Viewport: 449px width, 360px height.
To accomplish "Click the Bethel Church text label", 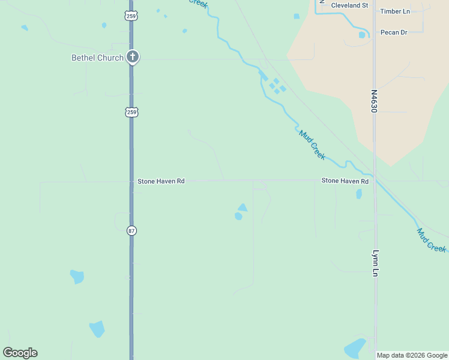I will [97, 58].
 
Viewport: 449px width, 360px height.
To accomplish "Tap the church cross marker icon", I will [133, 57].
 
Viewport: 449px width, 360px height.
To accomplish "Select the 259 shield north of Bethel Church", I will [131, 16].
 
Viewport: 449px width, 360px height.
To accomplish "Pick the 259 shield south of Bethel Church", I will [131, 112].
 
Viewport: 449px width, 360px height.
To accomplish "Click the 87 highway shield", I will [131, 230].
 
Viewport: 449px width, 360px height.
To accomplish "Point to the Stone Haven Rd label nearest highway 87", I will [161, 181].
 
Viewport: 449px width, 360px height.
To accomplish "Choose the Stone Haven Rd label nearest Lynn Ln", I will [345, 181].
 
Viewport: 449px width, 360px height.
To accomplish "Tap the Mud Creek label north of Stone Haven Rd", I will [312, 145].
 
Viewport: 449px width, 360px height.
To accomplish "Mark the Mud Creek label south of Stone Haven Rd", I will [432, 240].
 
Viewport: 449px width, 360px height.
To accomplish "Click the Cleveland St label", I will [349, 5].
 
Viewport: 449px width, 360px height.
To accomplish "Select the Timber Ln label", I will [395, 11].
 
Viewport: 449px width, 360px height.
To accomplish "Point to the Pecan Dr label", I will [394, 32].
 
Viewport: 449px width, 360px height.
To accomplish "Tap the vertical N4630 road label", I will [373, 102].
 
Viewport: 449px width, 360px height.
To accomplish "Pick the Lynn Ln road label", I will [376, 263].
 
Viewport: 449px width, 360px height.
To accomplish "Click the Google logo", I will [20, 353].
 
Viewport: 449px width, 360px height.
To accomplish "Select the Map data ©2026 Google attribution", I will [412, 355].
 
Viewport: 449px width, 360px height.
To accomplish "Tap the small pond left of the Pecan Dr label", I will [362, 35].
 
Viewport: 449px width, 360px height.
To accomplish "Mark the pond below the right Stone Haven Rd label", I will [359, 194].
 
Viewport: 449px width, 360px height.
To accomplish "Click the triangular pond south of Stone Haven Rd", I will [242, 208].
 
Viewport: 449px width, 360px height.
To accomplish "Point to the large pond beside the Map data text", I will [355, 347].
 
